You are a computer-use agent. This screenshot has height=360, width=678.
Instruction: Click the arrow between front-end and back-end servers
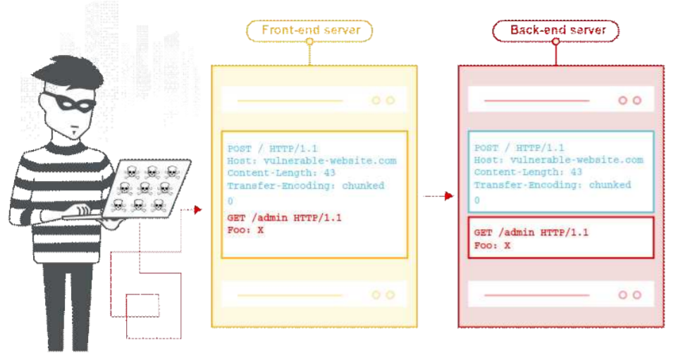click(x=438, y=197)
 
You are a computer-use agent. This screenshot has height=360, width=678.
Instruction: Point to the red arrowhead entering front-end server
click(x=198, y=210)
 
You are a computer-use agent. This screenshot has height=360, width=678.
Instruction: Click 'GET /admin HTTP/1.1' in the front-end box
click(x=285, y=218)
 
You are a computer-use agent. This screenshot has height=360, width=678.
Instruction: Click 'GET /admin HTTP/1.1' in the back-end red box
click(x=531, y=232)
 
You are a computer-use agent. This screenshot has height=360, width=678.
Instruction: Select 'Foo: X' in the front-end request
click(x=245, y=230)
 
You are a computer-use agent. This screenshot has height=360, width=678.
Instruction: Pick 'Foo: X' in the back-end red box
click(x=492, y=245)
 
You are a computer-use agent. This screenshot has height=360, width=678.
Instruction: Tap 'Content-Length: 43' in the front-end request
click(x=281, y=173)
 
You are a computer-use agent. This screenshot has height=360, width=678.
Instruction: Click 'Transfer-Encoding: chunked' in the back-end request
click(x=552, y=185)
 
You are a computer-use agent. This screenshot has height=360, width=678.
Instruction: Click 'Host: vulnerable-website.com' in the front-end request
click(x=312, y=161)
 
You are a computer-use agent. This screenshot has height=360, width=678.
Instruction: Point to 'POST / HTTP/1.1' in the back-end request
click(x=519, y=148)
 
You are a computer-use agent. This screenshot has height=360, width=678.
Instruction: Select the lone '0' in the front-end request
click(x=230, y=201)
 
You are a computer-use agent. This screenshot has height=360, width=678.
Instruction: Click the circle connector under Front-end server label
click(x=309, y=42)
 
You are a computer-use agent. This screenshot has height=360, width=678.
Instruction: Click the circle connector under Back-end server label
click(x=556, y=42)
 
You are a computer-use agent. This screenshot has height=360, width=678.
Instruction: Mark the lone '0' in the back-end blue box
click(x=477, y=200)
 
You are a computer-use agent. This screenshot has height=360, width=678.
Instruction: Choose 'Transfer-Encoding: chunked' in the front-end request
click(x=306, y=186)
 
